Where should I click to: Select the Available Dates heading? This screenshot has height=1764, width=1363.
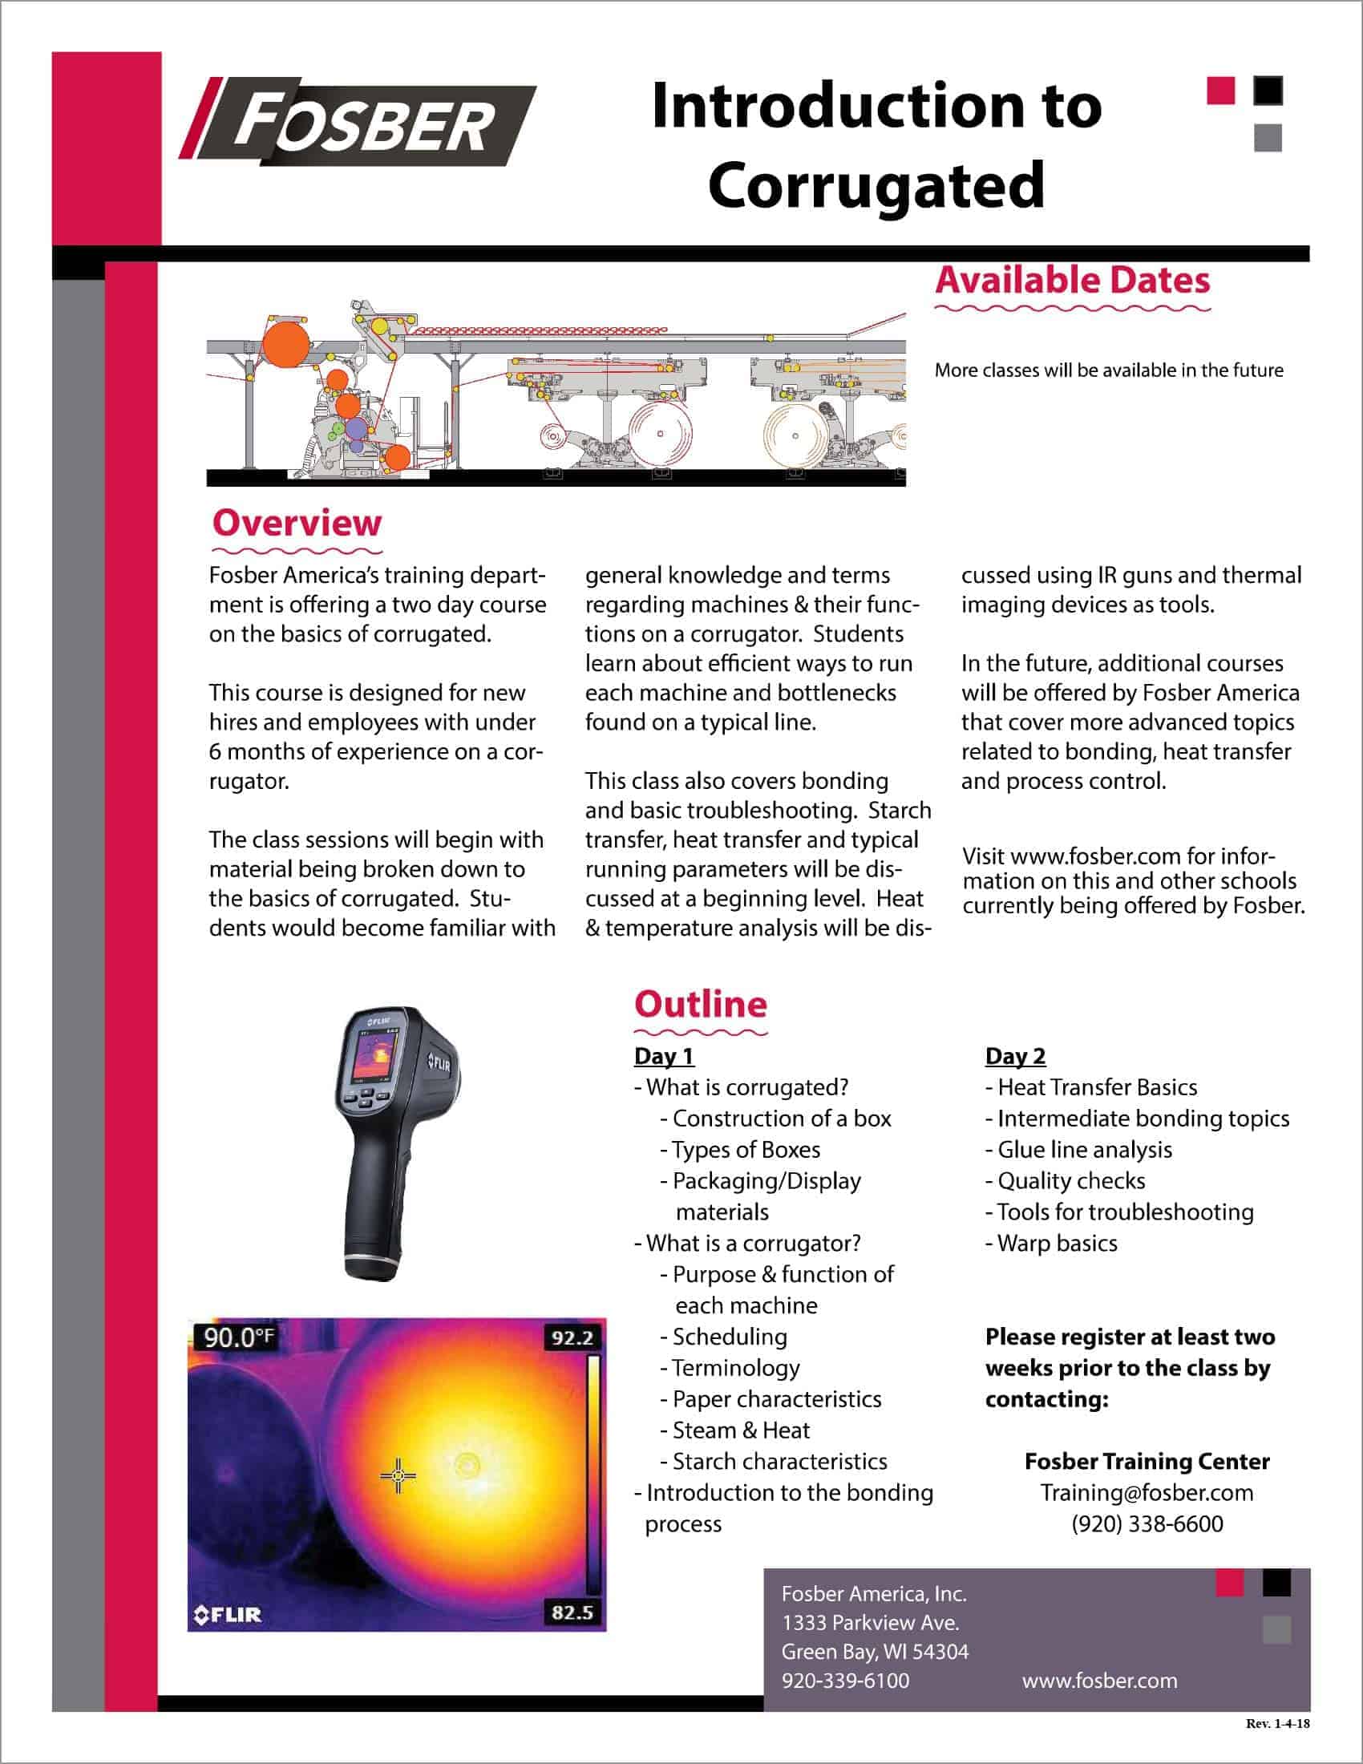tap(1072, 281)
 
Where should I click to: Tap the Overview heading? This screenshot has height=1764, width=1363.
tap(297, 523)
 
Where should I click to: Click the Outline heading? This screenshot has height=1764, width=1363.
tap(700, 1004)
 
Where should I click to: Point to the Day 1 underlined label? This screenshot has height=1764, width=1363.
tap(664, 1056)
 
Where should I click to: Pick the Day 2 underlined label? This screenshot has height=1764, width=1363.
tap(1015, 1056)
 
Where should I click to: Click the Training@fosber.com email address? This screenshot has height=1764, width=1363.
tap(1147, 1492)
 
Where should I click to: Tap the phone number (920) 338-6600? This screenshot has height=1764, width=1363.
tap(1147, 1523)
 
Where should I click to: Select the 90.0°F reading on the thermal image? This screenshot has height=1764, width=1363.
tap(238, 1337)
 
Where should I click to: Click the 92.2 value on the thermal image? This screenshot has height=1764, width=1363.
tap(572, 1338)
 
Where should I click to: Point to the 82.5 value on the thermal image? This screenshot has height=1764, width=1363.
tap(572, 1612)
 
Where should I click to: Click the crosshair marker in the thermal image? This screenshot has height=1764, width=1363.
tap(397, 1476)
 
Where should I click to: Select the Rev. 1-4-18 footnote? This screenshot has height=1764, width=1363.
tap(1277, 1724)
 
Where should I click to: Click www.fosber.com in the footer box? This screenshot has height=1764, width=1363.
tap(1099, 1681)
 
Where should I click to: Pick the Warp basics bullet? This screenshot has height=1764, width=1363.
tap(1056, 1243)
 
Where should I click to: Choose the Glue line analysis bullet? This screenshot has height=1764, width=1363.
tap(1084, 1149)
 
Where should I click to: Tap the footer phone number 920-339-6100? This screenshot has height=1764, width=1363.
tap(844, 1681)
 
